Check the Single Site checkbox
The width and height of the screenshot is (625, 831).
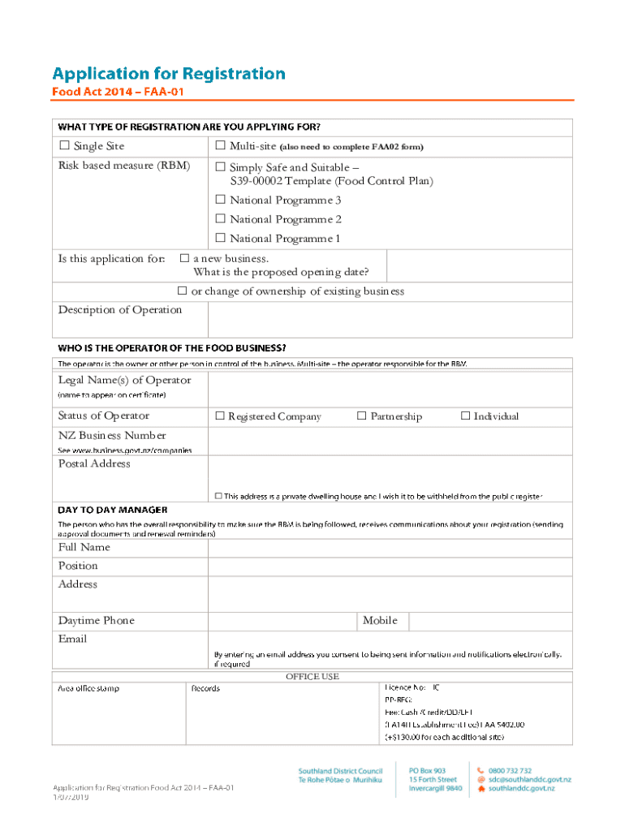pyautogui.click(x=64, y=146)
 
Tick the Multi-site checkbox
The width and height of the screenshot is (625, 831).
pyautogui.click(x=220, y=146)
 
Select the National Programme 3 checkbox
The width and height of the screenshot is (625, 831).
pyautogui.click(x=220, y=200)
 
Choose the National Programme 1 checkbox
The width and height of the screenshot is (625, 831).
pyautogui.click(x=220, y=239)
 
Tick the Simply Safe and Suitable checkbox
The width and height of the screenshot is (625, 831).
pyautogui.click(x=220, y=168)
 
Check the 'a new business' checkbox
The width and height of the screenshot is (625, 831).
pyautogui.click(x=183, y=259)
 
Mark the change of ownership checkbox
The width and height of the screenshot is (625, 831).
pyautogui.click(x=182, y=291)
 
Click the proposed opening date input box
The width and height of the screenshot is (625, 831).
pyautogui.click(x=479, y=265)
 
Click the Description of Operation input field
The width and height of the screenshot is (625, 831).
pyautogui.click(x=390, y=319)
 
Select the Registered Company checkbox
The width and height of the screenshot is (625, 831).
pyautogui.click(x=219, y=416)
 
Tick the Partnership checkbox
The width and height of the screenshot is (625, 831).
pyautogui.click(x=362, y=416)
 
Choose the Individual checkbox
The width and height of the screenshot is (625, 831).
pyautogui.click(x=465, y=416)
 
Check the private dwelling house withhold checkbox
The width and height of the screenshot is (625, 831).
pyautogui.click(x=218, y=496)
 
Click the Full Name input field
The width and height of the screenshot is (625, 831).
pyautogui.click(x=390, y=549)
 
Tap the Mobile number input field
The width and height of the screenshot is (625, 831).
pyautogui.click(x=490, y=621)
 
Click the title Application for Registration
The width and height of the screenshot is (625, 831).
pyautogui.click(x=170, y=74)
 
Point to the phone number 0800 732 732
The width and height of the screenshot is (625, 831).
pyautogui.click(x=510, y=771)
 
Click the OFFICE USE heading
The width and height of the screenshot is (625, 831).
pyautogui.click(x=312, y=677)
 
